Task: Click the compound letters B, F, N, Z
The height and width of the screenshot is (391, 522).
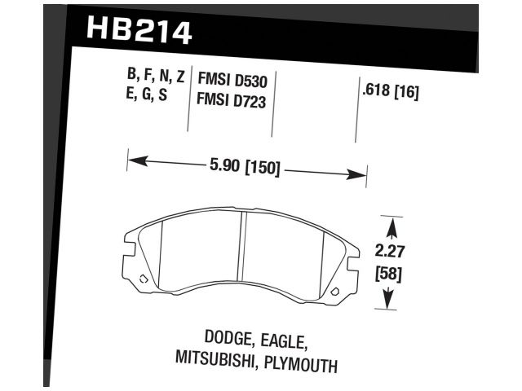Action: pos(156,77)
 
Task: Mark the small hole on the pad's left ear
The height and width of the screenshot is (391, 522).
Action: pos(144,279)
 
